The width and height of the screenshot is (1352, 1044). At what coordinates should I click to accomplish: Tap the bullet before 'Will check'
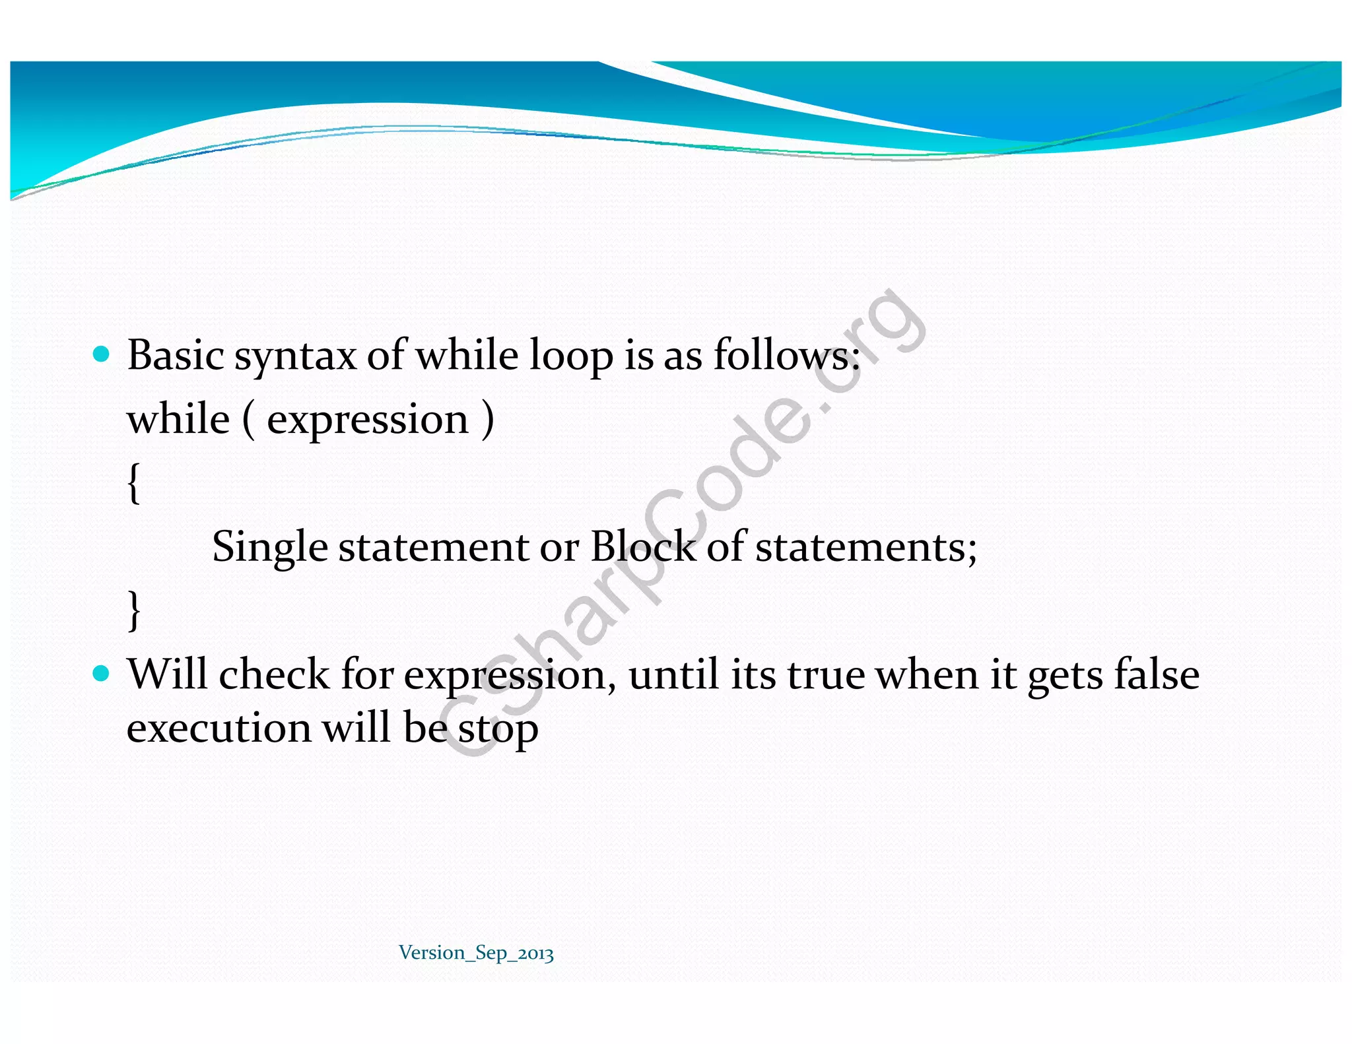101,673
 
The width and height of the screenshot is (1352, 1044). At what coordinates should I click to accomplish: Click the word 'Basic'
175,355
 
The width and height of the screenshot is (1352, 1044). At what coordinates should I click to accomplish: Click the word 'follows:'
786,355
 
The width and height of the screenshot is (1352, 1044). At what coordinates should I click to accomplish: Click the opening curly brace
134,482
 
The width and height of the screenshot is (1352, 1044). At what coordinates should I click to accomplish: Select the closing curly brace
134,610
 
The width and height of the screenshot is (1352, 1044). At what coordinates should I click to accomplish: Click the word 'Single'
269,548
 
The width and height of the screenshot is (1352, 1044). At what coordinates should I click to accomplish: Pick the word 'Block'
642,546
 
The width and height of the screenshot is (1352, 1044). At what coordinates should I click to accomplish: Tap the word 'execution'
219,729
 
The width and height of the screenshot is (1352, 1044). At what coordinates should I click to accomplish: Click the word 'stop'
498,730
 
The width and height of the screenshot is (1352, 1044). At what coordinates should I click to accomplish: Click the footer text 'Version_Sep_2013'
476,953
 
